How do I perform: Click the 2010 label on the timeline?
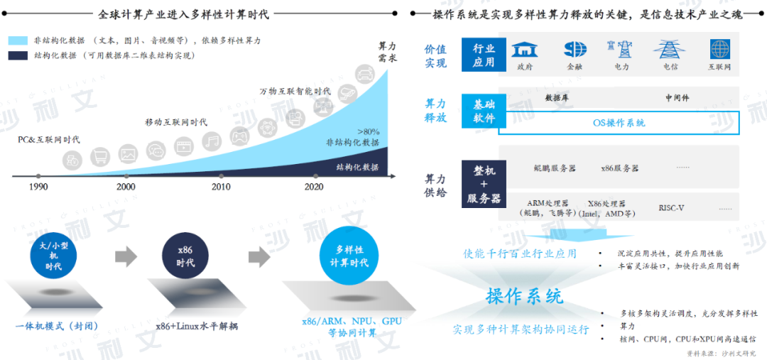(221, 187)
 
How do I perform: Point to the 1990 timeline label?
(38, 187)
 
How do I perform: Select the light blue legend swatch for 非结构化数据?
(18, 40)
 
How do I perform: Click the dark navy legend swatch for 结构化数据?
(18, 55)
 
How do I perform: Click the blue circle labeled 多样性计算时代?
(344, 256)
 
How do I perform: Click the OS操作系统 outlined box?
(619, 123)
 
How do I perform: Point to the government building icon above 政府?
(525, 50)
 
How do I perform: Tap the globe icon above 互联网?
(719, 50)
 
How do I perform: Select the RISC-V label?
(671, 208)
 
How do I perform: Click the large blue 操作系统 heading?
(524, 296)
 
